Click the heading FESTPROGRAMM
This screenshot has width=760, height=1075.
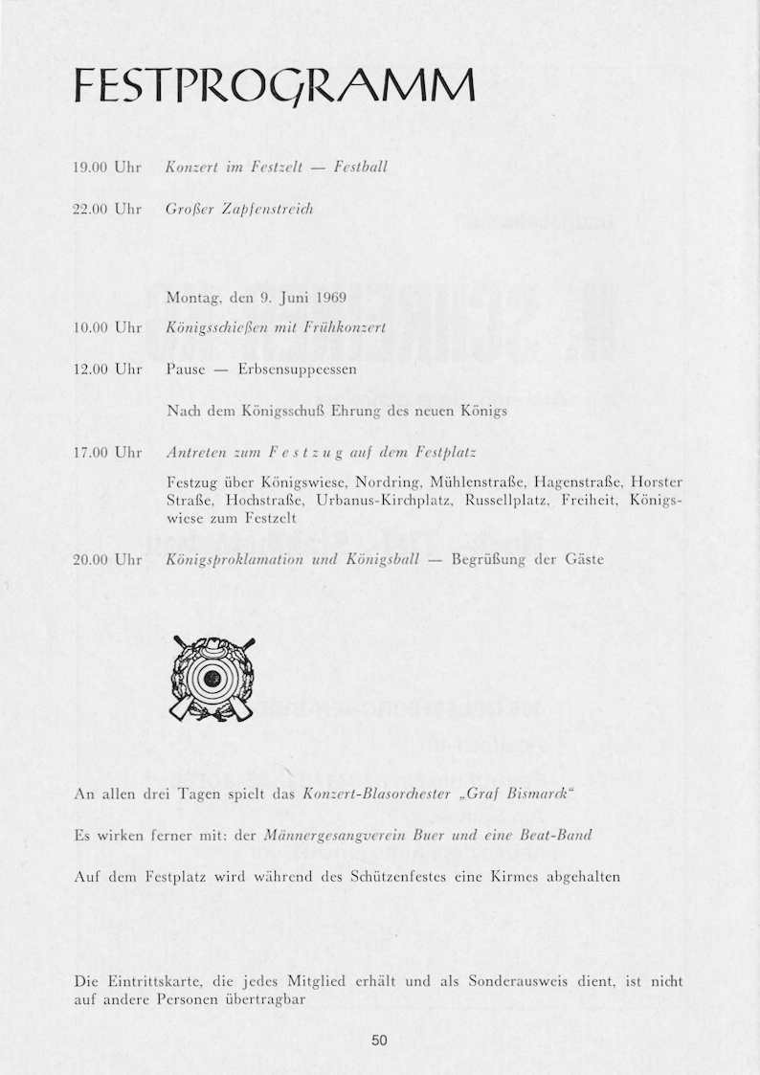(x=275, y=90)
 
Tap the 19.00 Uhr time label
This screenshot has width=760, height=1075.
(x=107, y=168)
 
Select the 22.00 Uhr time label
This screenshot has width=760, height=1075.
(x=107, y=208)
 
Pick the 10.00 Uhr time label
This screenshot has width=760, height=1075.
(x=107, y=328)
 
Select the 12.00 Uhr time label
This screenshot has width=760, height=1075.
(x=107, y=369)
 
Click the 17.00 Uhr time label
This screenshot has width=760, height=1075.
(x=107, y=451)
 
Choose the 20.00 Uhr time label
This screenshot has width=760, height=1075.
(x=107, y=559)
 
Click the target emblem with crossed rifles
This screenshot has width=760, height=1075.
(x=213, y=678)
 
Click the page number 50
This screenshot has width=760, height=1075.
(x=379, y=1041)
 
